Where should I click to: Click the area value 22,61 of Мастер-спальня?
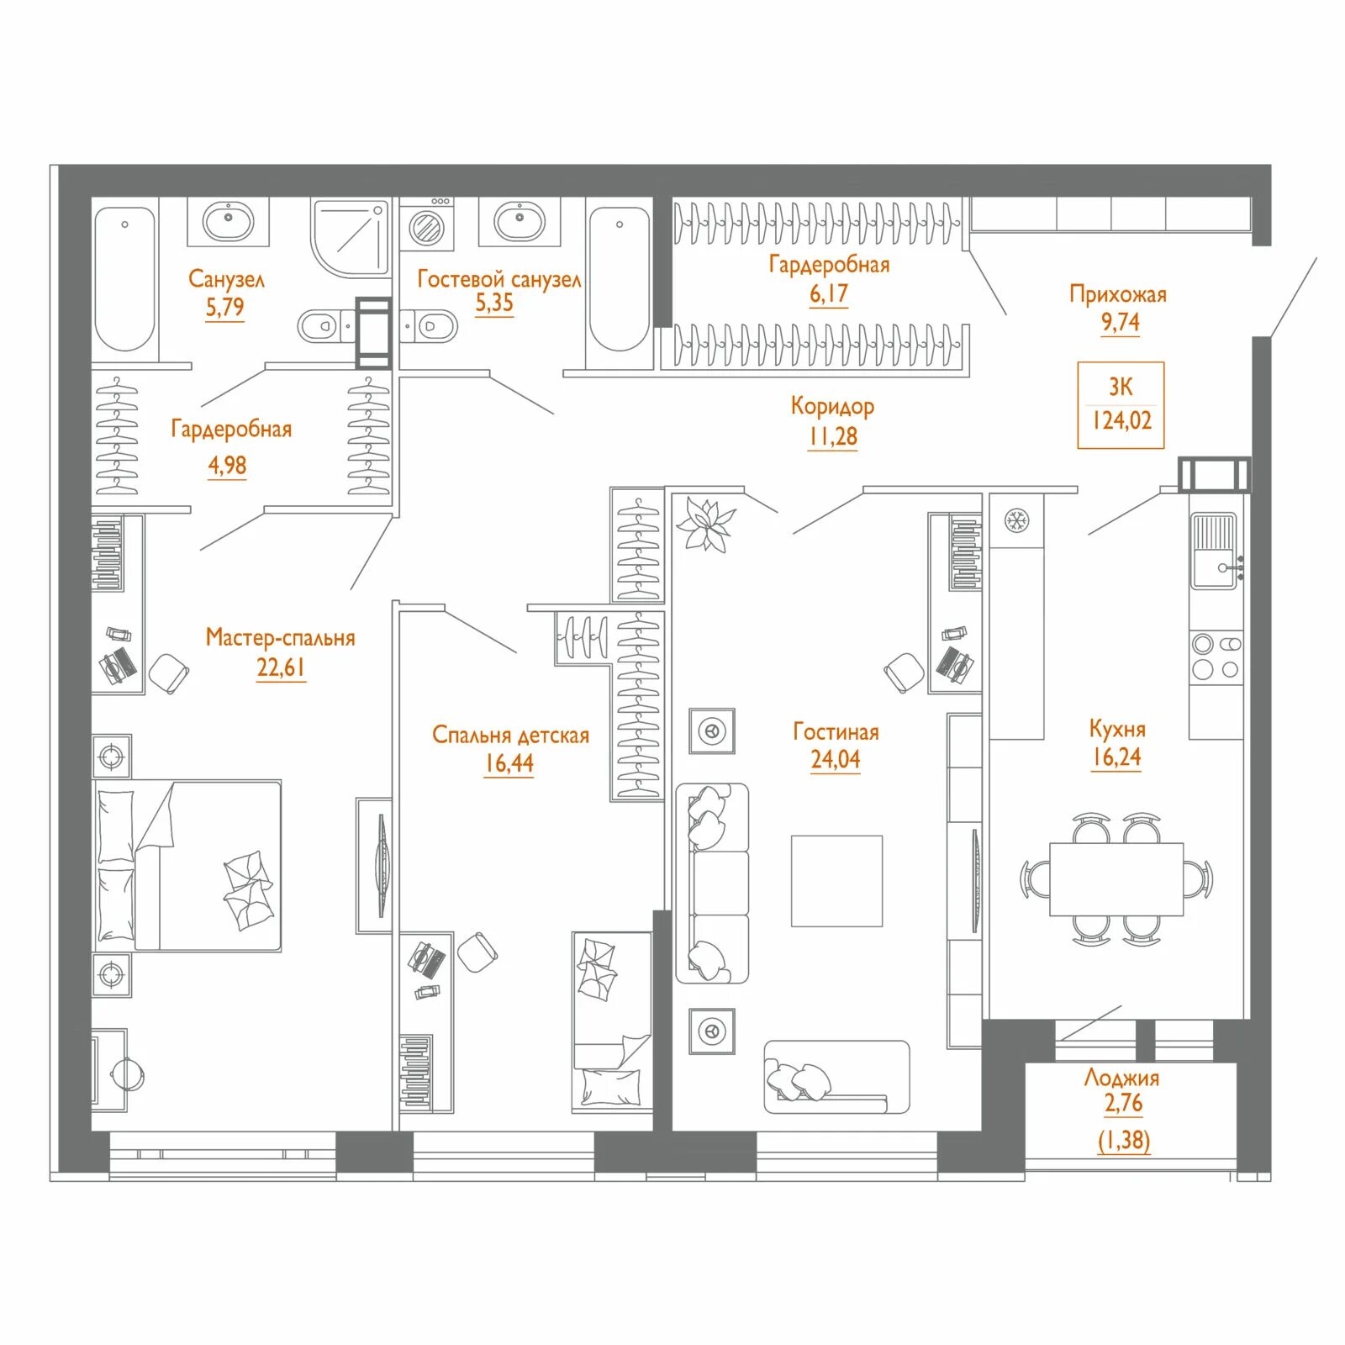pos(281,667)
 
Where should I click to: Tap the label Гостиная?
pos(836,731)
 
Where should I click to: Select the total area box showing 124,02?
pos(1121,405)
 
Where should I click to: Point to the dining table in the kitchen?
pos(1116,879)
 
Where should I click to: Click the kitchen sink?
pos(1214,551)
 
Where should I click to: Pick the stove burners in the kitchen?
pos(1216,657)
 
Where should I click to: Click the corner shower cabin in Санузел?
pos(351,237)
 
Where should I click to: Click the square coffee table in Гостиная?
pos(836,881)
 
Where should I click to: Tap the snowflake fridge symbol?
pos(1016,521)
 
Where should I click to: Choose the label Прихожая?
pos(1118,294)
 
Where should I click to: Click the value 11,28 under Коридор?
pos(832,437)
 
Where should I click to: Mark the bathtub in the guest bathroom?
pos(620,279)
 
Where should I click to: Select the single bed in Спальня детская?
pos(612,1022)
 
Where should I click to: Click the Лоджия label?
pos(1122,1079)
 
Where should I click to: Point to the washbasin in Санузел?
pos(228,221)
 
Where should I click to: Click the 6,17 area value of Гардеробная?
pos(829,294)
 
